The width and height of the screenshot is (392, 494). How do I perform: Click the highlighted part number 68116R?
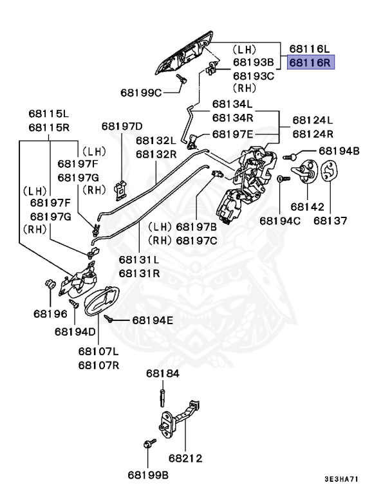click(309, 63)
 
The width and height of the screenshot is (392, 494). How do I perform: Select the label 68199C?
click(141, 92)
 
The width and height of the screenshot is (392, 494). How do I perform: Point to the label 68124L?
click(313, 120)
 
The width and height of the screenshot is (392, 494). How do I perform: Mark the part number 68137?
click(330, 221)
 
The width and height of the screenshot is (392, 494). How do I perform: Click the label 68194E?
click(153, 320)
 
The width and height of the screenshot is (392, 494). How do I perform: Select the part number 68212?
click(185, 459)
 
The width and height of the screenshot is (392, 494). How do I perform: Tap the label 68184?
click(162, 373)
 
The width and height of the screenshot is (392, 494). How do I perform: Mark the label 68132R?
click(156, 154)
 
